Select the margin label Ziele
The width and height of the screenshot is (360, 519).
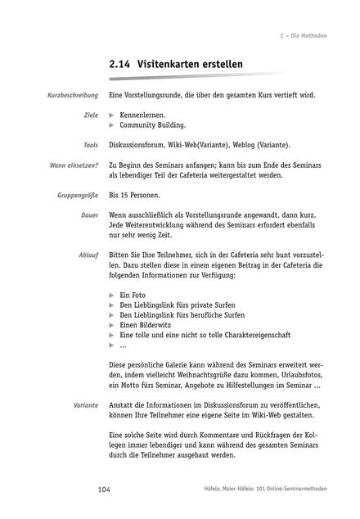[91, 115]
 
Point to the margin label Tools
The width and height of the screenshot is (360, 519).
[90, 145]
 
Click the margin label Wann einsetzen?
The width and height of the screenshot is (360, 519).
[74, 165]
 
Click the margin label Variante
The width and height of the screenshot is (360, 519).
[86, 404]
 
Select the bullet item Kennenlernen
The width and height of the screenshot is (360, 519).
[142, 115]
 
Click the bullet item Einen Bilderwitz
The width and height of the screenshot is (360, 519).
[147, 324]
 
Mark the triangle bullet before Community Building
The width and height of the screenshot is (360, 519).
[112, 125]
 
